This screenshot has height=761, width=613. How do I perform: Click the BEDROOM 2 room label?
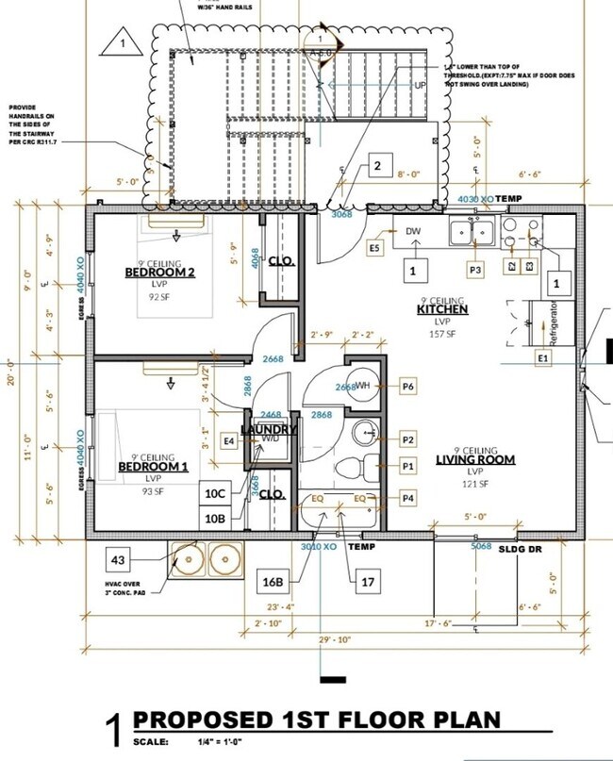(x=159, y=273)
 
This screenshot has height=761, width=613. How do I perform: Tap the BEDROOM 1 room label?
(x=153, y=467)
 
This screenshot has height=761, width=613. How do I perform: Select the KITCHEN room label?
(x=443, y=309)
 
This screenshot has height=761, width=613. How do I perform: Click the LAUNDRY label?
(x=268, y=430)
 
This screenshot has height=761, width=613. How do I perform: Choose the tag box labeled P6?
(x=408, y=386)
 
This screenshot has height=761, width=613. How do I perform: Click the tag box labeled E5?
(x=374, y=247)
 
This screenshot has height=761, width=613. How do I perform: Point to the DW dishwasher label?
(x=413, y=231)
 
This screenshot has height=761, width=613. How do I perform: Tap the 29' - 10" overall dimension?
(x=334, y=639)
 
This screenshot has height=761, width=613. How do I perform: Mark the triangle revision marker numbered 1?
(x=122, y=42)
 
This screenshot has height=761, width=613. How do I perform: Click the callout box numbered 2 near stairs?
(x=377, y=167)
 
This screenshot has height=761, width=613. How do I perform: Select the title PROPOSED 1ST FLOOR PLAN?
(x=317, y=721)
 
